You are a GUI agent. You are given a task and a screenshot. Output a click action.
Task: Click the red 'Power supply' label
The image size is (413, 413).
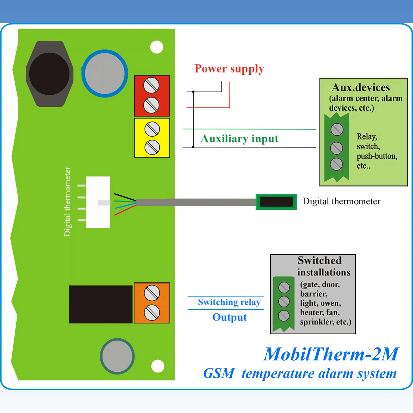[x=229, y=68]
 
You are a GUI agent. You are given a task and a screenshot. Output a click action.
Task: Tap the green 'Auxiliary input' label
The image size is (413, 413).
[x=239, y=138]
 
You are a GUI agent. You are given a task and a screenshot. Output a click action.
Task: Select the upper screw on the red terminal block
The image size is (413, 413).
[x=151, y=85]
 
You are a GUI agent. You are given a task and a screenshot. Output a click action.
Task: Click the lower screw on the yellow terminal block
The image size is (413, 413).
[x=152, y=147]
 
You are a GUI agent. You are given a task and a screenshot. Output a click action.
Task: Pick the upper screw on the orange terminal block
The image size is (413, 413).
[x=152, y=293]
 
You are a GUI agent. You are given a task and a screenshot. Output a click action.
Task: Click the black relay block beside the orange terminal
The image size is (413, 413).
[x=101, y=304]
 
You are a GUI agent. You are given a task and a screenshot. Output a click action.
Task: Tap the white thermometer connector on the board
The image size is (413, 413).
[x=98, y=202]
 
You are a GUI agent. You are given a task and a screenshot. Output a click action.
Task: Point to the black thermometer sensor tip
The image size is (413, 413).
[x=276, y=202]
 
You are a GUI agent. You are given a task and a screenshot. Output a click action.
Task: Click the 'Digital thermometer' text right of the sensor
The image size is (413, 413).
[x=341, y=202]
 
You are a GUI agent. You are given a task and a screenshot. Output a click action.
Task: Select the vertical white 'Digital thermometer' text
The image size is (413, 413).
[x=67, y=202]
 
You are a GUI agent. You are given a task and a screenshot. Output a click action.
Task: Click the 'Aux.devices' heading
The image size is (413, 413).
[x=361, y=88]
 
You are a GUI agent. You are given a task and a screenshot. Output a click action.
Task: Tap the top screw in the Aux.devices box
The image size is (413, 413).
[x=337, y=130]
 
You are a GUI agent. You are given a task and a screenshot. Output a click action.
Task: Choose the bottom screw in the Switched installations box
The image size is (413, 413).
[x=284, y=315]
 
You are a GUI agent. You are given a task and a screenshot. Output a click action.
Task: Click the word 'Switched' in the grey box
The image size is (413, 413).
[x=319, y=260]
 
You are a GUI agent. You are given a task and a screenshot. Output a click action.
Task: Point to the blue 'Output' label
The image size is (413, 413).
[x=229, y=317]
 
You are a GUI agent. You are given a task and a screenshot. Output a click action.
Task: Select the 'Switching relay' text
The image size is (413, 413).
[x=229, y=302]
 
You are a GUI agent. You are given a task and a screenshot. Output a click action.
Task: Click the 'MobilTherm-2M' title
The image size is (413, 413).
[x=331, y=354]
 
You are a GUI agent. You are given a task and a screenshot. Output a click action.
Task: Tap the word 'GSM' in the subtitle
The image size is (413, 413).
[x=219, y=373]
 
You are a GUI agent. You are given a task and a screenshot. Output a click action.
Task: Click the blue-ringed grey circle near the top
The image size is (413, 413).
[x=105, y=73]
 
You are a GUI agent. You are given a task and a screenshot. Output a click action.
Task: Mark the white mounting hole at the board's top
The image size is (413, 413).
[x=157, y=47]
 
